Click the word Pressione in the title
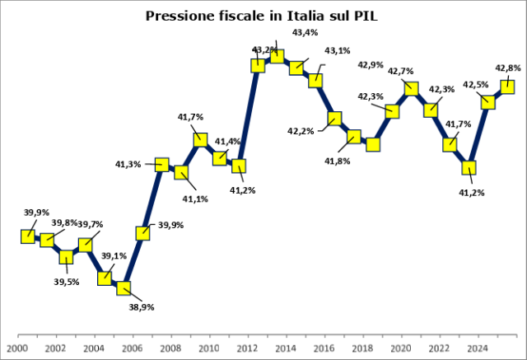click(x=180, y=16)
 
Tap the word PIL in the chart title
click(x=366, y=16)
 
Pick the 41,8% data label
click(x=337, y=161)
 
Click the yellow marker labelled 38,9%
click(x=124, y=288)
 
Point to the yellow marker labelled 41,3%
click(x=162, y=165)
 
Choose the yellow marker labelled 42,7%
click(x=411, y=89)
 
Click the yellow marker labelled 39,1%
click(x=105, y=278)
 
